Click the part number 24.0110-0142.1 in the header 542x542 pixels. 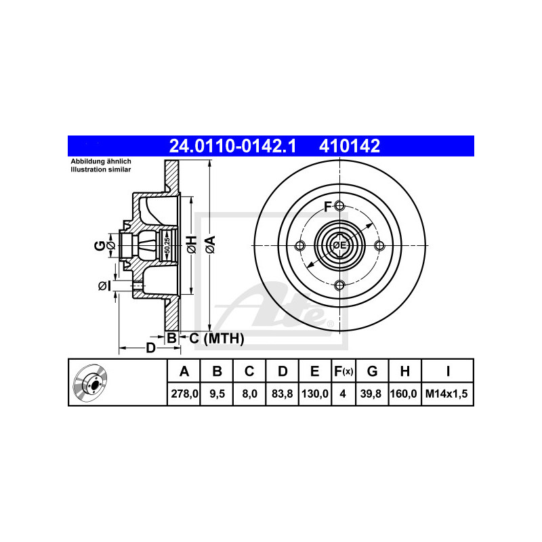232,146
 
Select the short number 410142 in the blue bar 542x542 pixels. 350,146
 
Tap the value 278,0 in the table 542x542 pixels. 184,394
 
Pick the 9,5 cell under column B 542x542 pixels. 217,394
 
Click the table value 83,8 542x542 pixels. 282,394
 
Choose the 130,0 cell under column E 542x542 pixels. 315,394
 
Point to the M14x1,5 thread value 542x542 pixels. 446,394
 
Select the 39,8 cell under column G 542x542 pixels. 371,394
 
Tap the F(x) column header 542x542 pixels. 343,371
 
